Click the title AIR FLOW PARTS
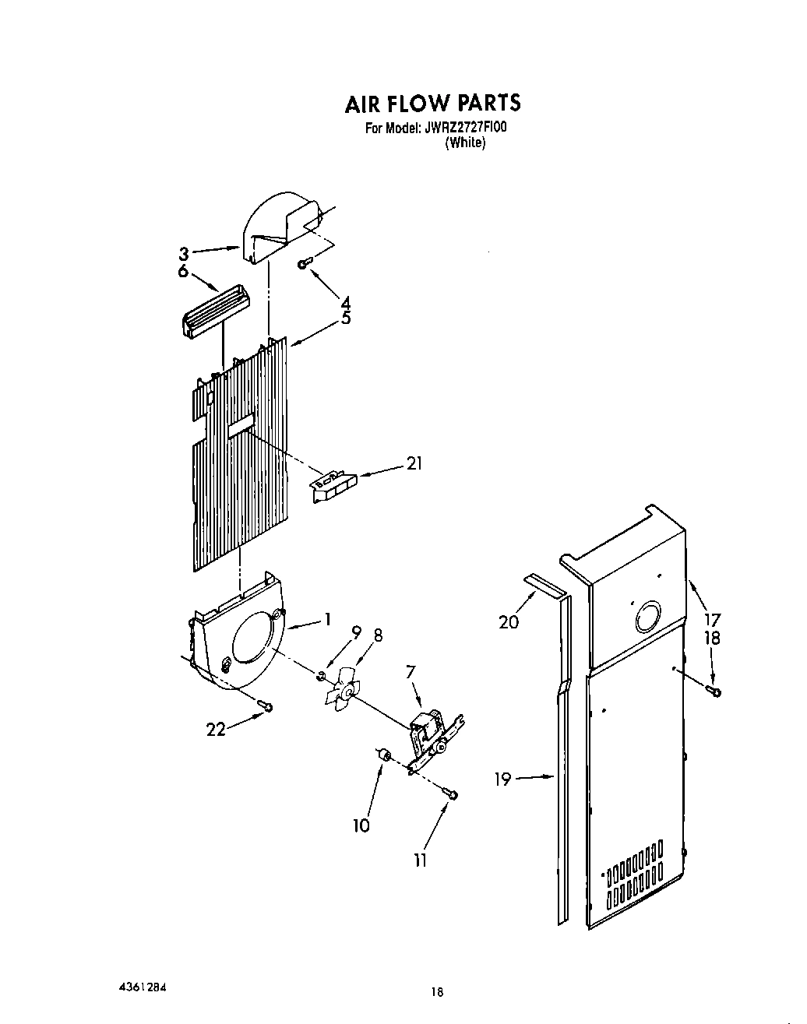coord(432,104)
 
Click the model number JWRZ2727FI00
coord(464,128)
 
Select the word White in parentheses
coord(465,143)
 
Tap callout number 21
coord(414,464)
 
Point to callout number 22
coord(216,729)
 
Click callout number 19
coord(503,778)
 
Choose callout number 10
coord(361,825)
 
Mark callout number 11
coord(420,860)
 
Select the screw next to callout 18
coord(714,690)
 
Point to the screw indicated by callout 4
coord(305,264)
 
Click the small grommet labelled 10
coord(382,753)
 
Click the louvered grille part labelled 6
coord(213,312)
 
